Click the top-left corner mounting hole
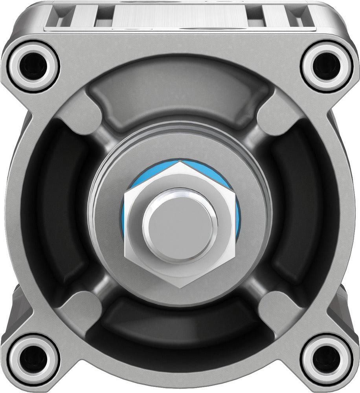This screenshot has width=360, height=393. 33,65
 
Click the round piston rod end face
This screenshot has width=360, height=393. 180,226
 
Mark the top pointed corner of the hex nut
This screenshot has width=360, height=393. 180,162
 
